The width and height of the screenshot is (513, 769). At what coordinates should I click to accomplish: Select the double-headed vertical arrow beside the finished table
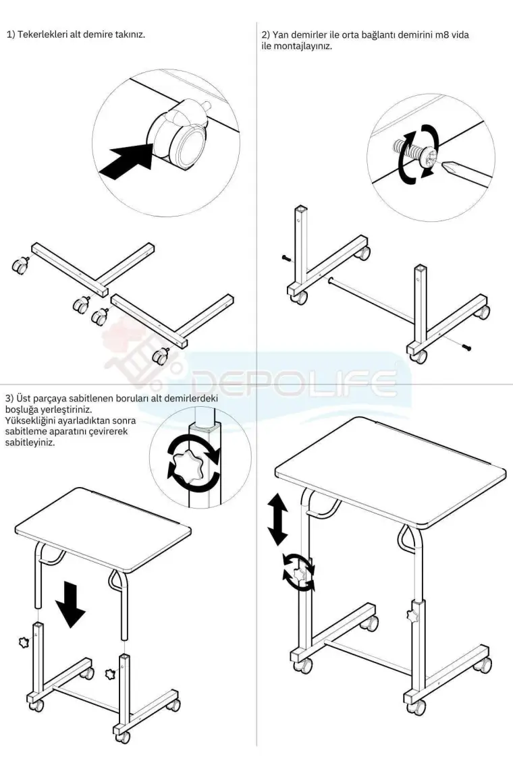278,519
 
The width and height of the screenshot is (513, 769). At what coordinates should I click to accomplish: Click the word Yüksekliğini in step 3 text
28,421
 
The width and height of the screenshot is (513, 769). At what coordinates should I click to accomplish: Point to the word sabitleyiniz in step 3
30,443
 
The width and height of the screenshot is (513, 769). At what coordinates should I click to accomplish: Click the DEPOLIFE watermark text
294,384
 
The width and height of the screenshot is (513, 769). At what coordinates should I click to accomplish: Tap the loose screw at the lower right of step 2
467,347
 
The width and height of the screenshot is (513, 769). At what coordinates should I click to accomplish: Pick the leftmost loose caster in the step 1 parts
20,265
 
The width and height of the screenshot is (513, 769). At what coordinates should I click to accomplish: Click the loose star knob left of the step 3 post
22,641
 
